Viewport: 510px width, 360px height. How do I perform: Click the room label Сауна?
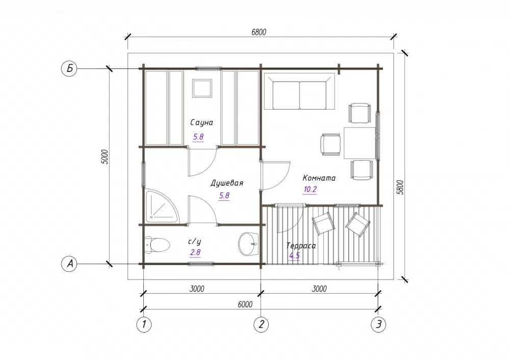[x=201, y=122]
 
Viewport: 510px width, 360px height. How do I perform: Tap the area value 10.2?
[x=310, y=189]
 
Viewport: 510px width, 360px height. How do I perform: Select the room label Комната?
[x=319, y=178]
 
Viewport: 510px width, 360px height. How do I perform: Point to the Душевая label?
[x=227, y=183]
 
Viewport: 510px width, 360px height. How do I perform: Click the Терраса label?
[x=301, y=246]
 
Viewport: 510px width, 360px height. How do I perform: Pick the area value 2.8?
[x=195, y=252]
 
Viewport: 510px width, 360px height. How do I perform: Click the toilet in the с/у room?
[x=158, y=245]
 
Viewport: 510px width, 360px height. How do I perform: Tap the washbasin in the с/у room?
[x=248, y=244]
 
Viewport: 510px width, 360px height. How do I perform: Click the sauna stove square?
[x=202, y=88]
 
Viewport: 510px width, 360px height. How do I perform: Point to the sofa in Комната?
[x=299, y=91]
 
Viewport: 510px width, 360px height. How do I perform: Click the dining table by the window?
[x=360, y=143]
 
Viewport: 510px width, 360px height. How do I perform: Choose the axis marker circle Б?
[x=69, y=69]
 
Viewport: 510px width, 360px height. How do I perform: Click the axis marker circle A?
[x=69, y=264]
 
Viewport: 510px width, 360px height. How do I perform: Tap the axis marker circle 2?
[x=261, y=324]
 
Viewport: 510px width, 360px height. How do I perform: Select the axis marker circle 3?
[x=378, y=324]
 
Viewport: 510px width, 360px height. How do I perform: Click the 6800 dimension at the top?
[x=259, y=32]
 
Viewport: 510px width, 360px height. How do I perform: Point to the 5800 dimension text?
[x=400, y=187]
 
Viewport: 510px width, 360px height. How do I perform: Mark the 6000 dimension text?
[x=245, y=304]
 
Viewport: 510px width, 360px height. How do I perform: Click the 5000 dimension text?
[x=105, y=157]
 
